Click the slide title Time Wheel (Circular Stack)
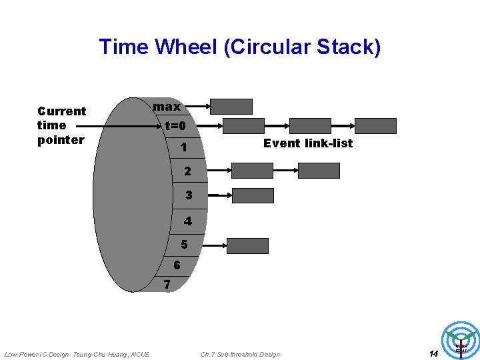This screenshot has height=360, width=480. coord(240,47)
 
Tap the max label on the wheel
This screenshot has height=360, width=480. coord(167,107)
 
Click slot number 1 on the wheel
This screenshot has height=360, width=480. coord(182,147)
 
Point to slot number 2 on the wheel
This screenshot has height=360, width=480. coord(187,171)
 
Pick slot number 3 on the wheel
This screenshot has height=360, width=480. coord(189,195)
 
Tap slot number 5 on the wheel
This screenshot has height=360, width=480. coord(184,245)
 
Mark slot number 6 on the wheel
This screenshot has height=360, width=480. coord(177,265)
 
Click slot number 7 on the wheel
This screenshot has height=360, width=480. coord(167,285)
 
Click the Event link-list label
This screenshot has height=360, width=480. coord(308,143)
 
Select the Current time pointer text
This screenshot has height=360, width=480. coord(61,125)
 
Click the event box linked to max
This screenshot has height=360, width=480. coord(231,107)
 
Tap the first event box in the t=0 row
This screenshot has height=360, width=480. coord(243,126)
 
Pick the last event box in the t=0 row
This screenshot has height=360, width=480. coord(375,126)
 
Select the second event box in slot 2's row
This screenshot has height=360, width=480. coord(319,171)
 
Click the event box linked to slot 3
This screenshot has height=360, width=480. coord(253,195)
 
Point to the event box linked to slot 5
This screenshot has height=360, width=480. coord(247,245)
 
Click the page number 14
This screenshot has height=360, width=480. coord(433,353)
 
